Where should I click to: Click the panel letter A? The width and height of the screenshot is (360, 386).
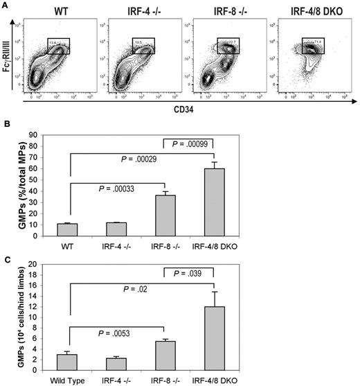[6, 6]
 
